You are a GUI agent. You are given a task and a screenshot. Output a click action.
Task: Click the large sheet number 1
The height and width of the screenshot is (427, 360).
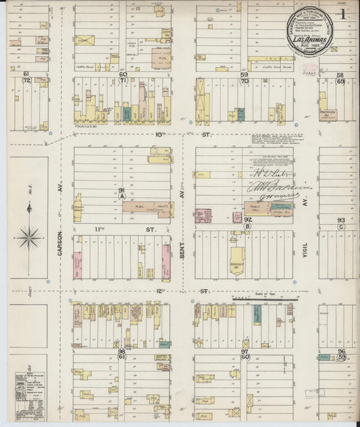click(344, 14)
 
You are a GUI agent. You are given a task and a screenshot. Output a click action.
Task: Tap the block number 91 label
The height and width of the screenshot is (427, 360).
click(122, 192)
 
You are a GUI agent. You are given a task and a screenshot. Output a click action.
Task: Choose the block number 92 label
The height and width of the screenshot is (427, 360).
click(247, 220)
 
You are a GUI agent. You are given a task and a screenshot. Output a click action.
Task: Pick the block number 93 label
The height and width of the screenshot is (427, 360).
click(341, 220)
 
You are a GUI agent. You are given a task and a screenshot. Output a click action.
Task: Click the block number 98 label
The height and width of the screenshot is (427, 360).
click(122, 351)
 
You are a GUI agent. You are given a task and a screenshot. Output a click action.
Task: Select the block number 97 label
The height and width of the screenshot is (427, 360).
click(245, 351)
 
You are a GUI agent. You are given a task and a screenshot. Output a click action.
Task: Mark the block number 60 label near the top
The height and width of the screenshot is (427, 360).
click(124, 74)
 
